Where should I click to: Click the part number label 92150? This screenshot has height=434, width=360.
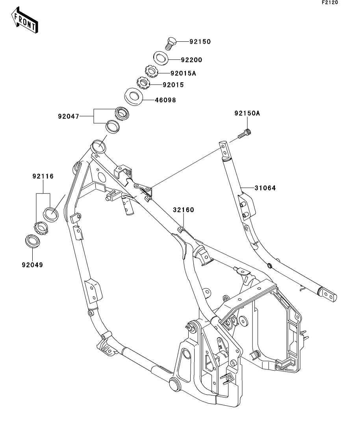pos(200,41)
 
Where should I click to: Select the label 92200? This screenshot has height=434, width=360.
pos(191,60)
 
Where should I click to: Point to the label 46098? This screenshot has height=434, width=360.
pos(165,100)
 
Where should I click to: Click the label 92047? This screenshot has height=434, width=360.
pos(69,116)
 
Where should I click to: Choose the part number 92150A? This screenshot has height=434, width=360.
pos(247,114)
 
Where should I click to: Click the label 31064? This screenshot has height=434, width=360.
pos(265,188)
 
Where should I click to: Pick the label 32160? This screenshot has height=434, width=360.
pos(183,210)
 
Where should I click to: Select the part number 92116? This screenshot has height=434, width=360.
pos(43,177)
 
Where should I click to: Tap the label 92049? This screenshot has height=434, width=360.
pos(32,265)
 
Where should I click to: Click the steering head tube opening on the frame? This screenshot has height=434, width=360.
pos(98,147)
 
